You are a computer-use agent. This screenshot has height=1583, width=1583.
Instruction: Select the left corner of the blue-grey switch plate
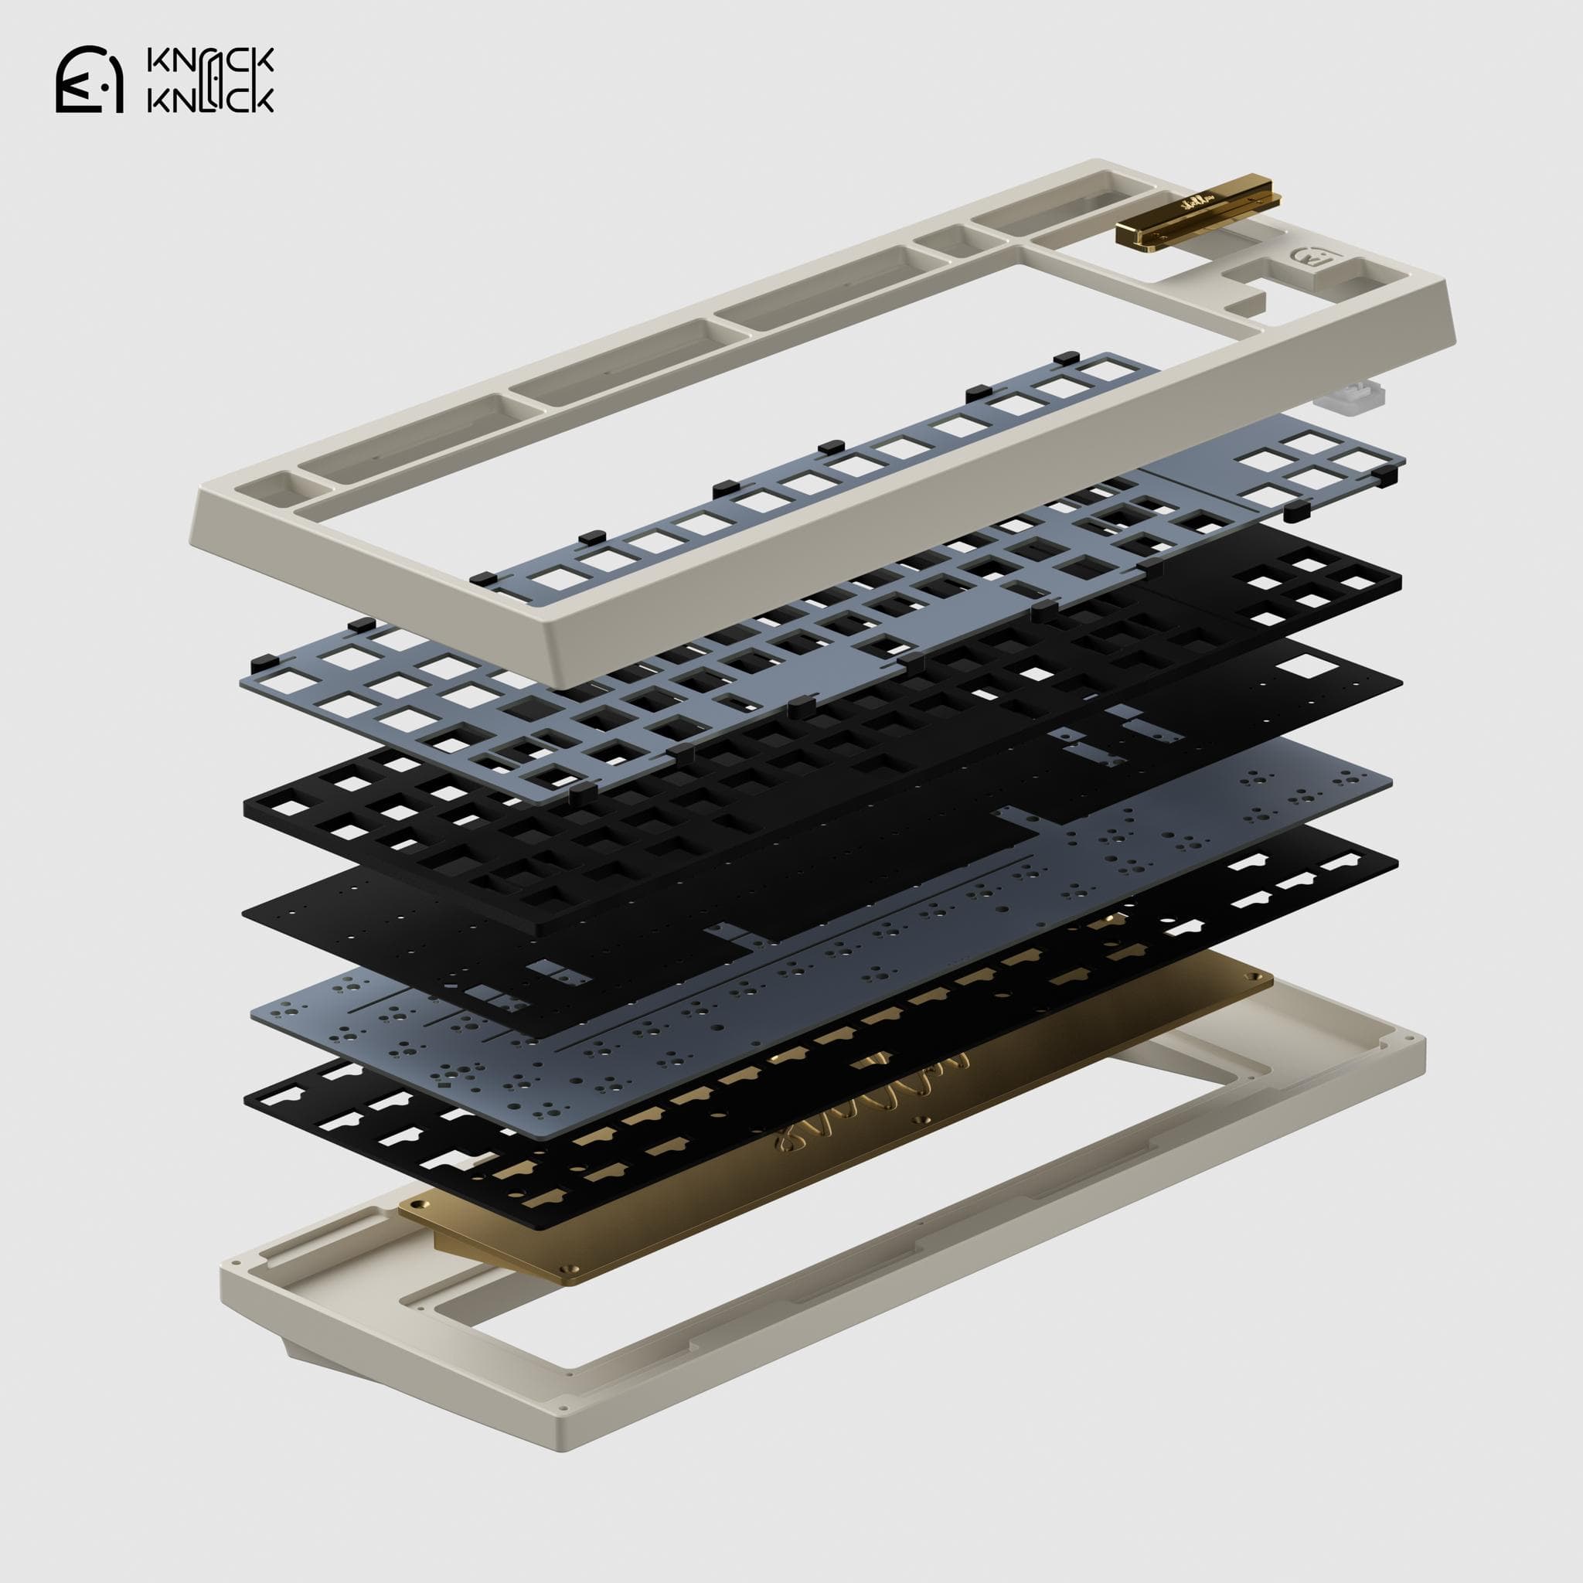[x=242, y=660]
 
